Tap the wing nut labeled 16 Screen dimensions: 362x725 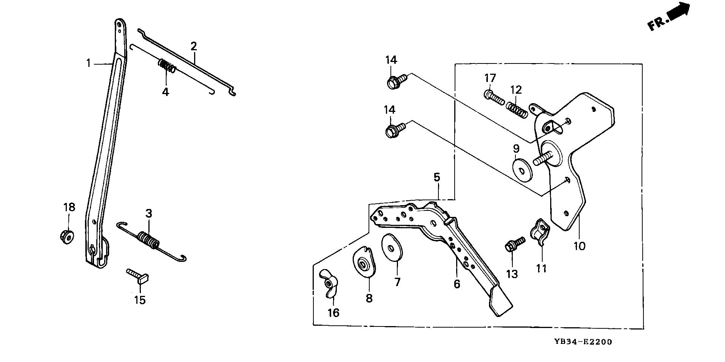[329, 284]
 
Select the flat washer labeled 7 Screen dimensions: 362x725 [392, 248]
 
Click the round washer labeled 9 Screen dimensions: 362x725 [523, 170]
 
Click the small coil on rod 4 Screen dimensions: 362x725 [166, 67]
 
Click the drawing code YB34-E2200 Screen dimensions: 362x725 [583, 342]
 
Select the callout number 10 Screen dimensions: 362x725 [579, 246]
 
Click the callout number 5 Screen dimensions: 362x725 [437, 177]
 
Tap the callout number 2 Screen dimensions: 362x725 [194, 46]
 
